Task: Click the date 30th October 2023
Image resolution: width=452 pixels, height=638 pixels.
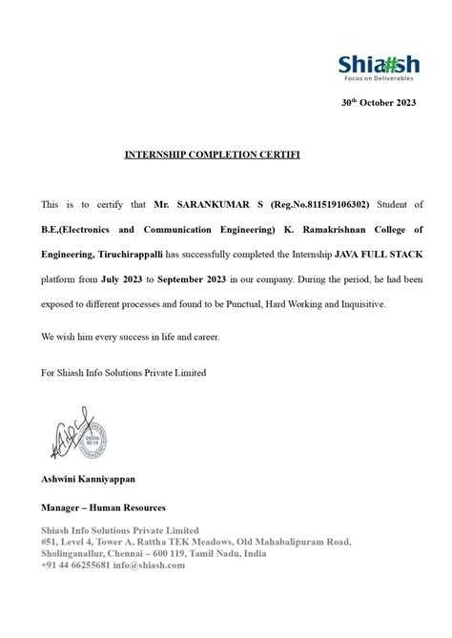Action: point(379,102)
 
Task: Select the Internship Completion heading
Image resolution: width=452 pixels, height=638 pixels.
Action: point(199,153)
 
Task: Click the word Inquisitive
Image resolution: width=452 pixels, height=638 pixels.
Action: point(382,305)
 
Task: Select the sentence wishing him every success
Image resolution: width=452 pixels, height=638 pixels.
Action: point(130,338)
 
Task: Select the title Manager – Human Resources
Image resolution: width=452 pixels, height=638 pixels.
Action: point(103,507)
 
